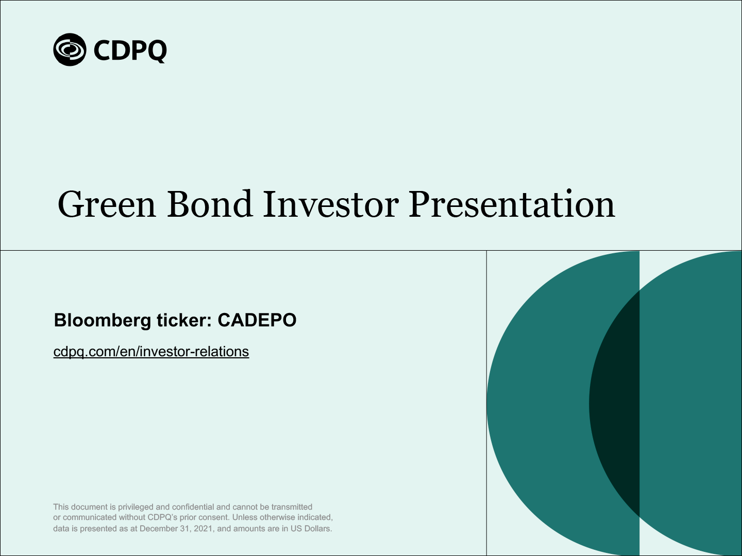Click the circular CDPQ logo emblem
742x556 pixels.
(70, 49)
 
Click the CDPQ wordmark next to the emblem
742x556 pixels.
(130, 51)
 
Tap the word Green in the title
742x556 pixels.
(107, 204)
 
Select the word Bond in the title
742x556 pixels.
(210, 204)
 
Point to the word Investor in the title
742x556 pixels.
(331, 204)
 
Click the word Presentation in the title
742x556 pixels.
(512, 204)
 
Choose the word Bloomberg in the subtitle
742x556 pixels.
(103, 320)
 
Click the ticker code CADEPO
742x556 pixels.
(257, 320)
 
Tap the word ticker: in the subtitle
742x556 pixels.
(184, 320)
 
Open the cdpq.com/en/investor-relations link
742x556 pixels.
(151, 352)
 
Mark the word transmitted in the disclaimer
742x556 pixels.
(292, 507)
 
